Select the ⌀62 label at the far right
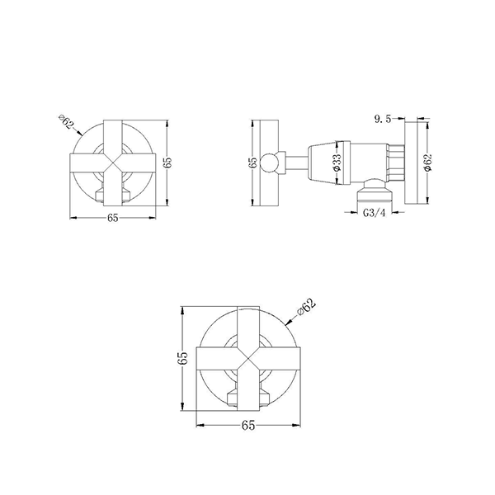[426, 163]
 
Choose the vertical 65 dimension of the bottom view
[183, 357]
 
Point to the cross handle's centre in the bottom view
[248, 357]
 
